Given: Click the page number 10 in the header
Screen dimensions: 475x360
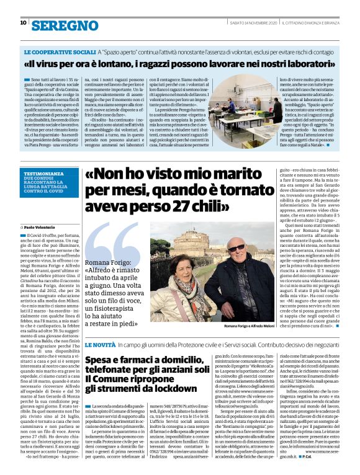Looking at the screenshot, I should (23, 23).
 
